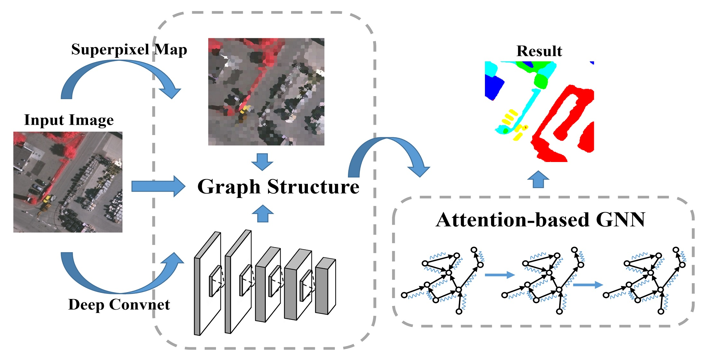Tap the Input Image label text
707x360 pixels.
tap(69, 120)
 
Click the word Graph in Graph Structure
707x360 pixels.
tap(228, 187)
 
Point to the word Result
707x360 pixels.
tap(539, 51)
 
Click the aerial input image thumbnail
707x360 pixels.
tap(68, 182)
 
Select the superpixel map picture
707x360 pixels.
tap(266, 92)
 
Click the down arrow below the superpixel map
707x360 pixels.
tap(262, 162)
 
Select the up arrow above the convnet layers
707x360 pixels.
tap(263, 213)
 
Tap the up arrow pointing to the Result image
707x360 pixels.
tap(538, 180)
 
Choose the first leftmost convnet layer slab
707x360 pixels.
tap(207, 283)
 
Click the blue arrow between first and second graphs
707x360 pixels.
tap(500, 275)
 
